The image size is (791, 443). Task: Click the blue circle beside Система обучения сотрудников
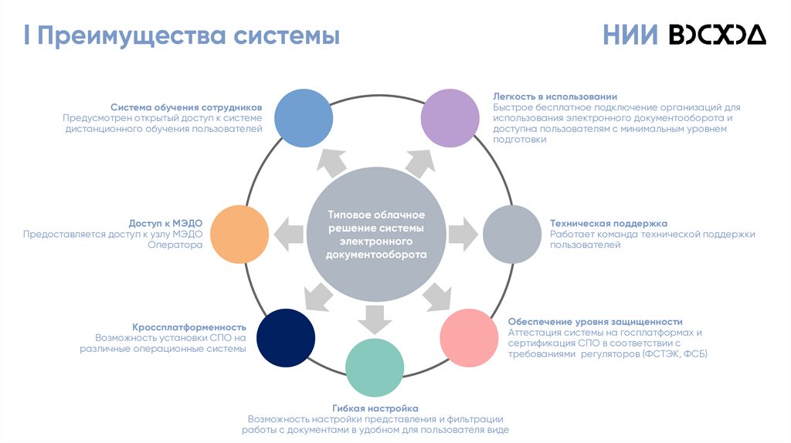(x=304, y=118)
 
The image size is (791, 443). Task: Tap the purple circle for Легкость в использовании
(x=450, y=118)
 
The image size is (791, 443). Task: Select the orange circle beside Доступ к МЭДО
(x=239, y=235)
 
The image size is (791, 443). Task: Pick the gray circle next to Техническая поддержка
(x=513, y=235)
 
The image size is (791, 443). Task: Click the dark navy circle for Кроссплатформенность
(x=286, y=337)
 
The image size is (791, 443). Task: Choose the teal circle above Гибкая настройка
(x=375, y=367)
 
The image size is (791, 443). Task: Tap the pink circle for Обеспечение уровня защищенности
(x=469, y=337)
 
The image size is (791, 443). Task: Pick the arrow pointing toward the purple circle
(x=418, y=162)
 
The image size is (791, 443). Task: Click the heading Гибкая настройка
(x=375, y=407)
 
